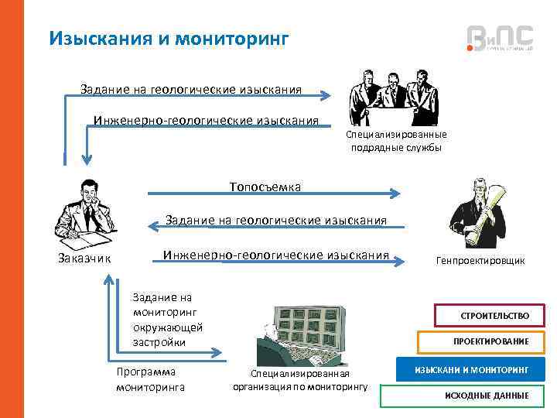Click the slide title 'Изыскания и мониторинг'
[168, 37]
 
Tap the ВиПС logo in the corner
[500, 37]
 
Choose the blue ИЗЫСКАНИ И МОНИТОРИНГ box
[470, 370]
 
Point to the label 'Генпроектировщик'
[480, 261]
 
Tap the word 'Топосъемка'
[265, 187]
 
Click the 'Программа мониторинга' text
[150, 379]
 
